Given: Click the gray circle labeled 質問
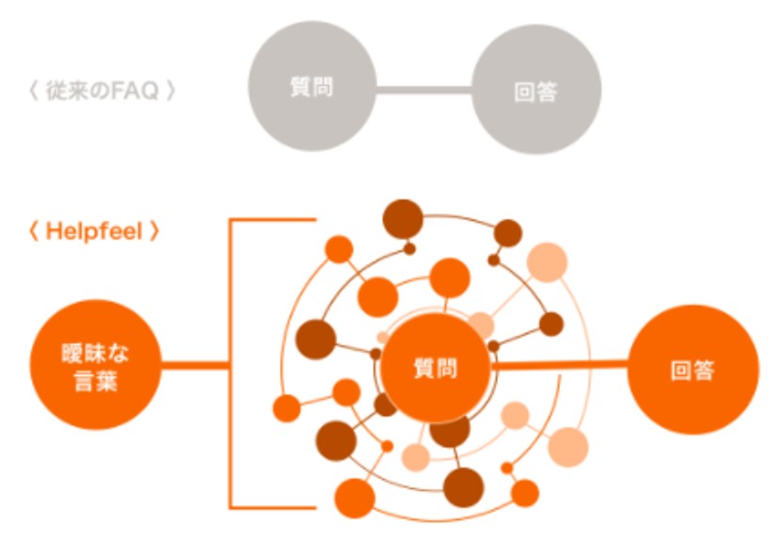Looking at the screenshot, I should pyautogui.click(x=312, y=87).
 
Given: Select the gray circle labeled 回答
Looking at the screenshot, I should pyautogui.click(x=535, y=90).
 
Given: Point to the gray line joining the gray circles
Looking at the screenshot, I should pyautogui.click(x=423, y=90).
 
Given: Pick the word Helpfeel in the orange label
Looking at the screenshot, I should pyautogui.click(x=94, y=231).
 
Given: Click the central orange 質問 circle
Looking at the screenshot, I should pyautogui.click(x=435, y=368).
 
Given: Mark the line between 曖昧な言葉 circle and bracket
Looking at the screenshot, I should pyautogui.click(x=194, y=365).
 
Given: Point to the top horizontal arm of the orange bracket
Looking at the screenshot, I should pyautogui.click(x=273, y=221).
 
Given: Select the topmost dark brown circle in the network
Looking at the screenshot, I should pyautogui.click(x=402, y=219).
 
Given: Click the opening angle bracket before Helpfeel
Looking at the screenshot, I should pyautogui.click(x=35, y=231).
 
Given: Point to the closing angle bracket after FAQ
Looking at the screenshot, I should pyautogui.click(x=170, y=92).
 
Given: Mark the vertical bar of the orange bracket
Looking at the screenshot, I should pyautogui.click(x=232, y=365).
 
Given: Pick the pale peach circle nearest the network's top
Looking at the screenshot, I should pyautogui.click(x=547, y=263).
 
